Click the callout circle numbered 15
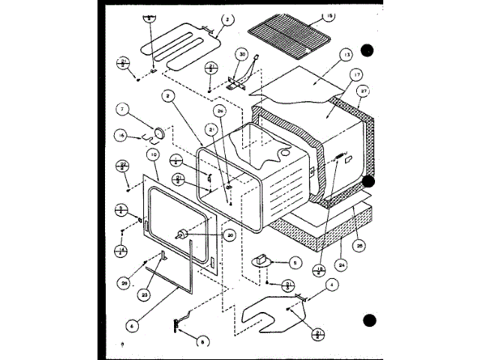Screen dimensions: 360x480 [328, 16]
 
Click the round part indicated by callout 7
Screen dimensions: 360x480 [158, 133]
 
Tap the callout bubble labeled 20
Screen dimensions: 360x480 [229, 235]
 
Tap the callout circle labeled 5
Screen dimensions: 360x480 [295, 263]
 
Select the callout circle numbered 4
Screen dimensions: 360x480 [332, 284]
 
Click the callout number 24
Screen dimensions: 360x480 [341, 263]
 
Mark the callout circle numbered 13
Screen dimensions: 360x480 [345, 55]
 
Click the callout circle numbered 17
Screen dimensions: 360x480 [356, 74]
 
